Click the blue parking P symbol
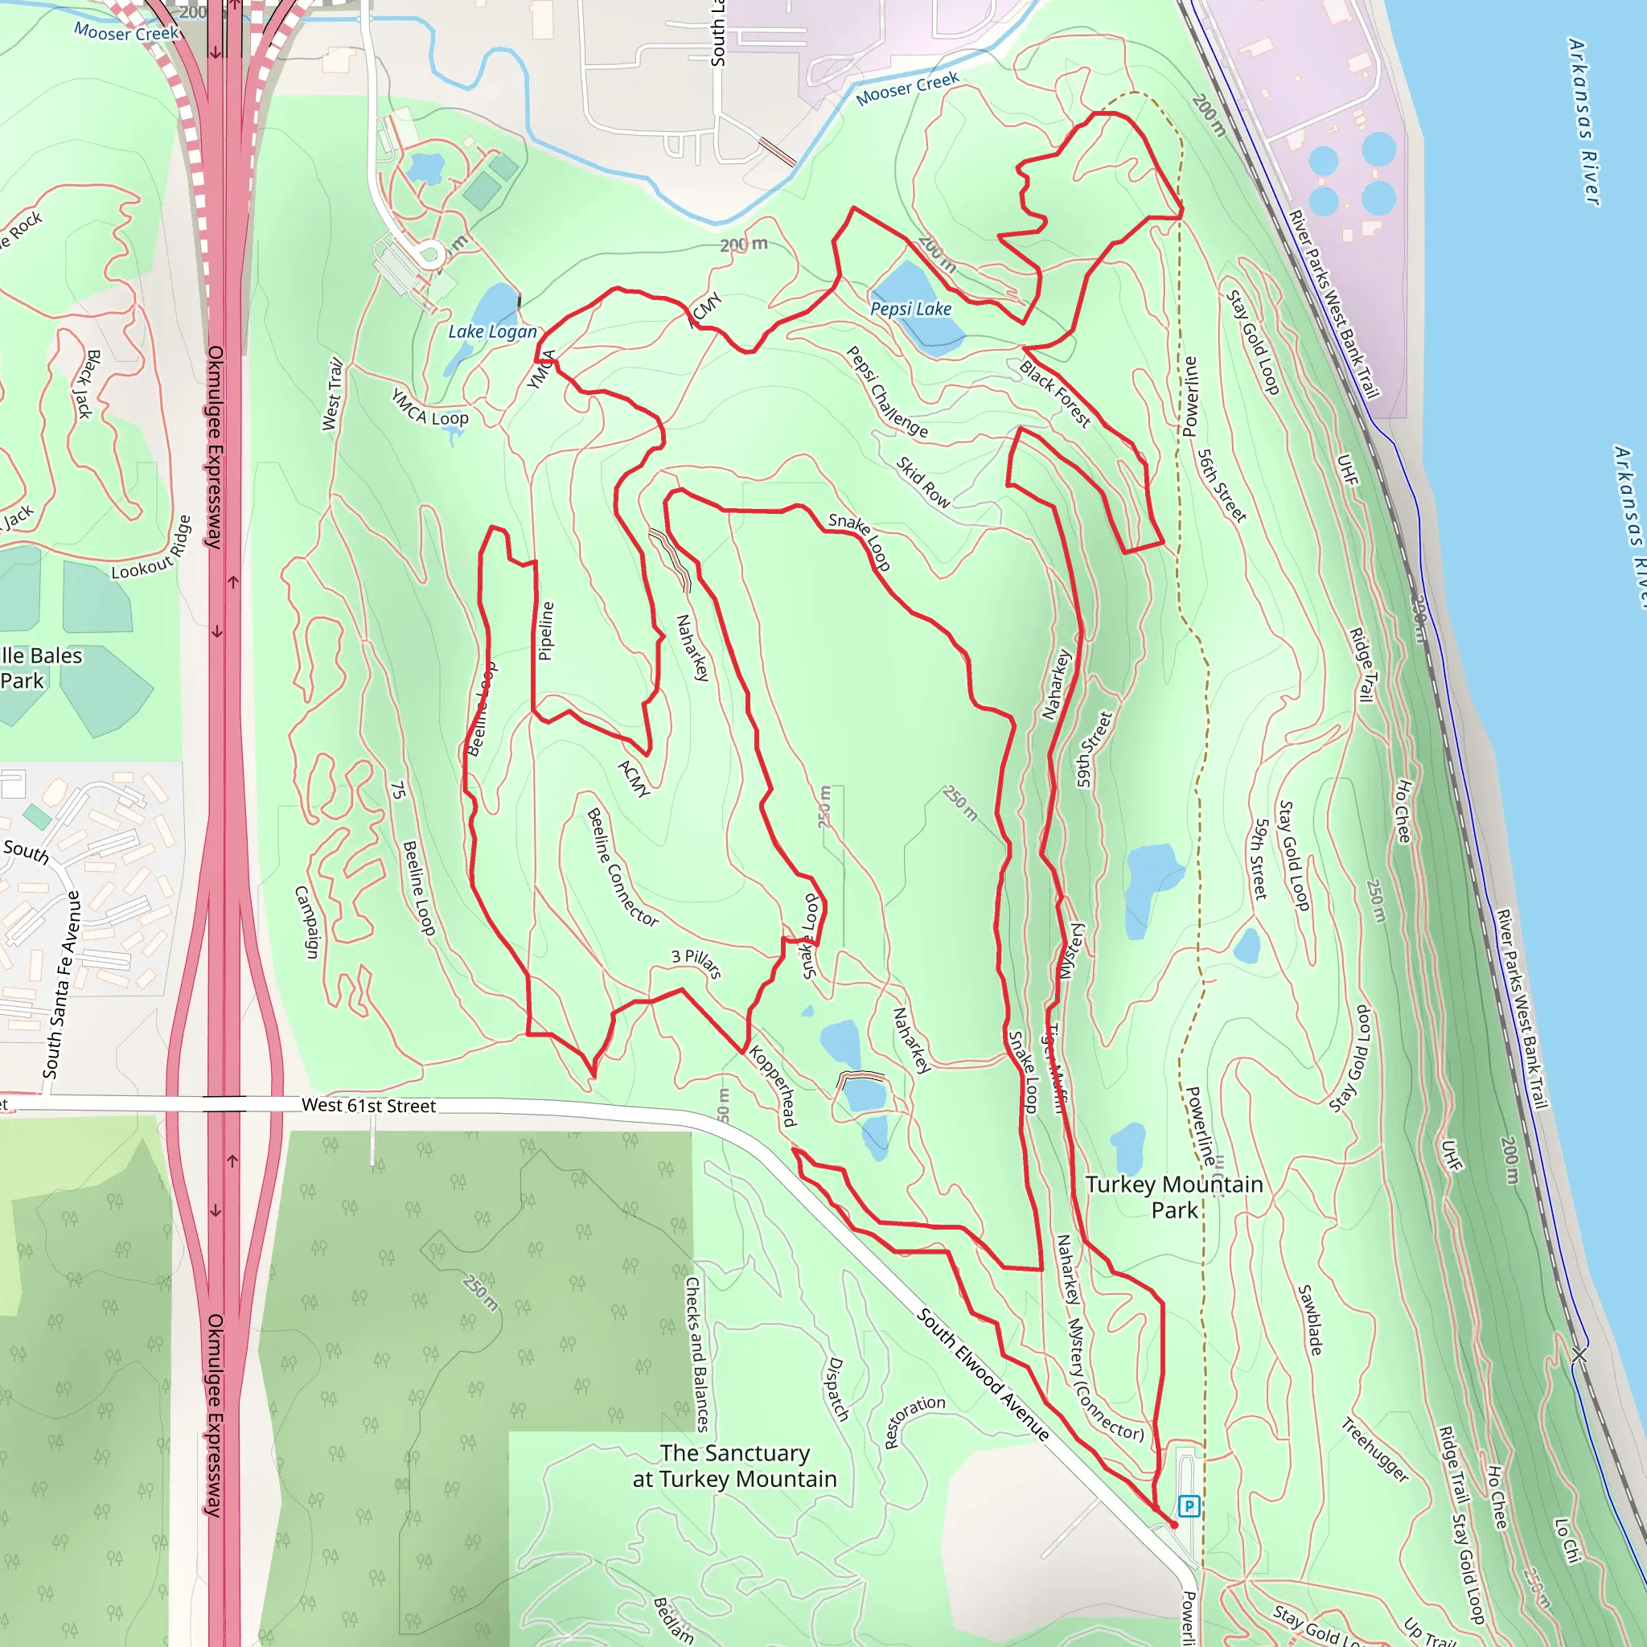1189,1506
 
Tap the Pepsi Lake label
910,309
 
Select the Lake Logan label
493,331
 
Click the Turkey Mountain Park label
1174,1197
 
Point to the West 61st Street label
368,1106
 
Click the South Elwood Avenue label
983,1374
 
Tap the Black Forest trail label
1055,394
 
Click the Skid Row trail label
923,483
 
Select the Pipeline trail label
546,630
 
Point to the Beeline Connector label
622,868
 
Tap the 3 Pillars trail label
696,963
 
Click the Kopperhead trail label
773,1086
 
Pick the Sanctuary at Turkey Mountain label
734,1465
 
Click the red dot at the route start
1174,1524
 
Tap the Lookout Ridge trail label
152,548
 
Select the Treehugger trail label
1375,1449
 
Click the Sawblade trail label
1310,1320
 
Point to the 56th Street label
1222,486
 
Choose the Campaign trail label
307,922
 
